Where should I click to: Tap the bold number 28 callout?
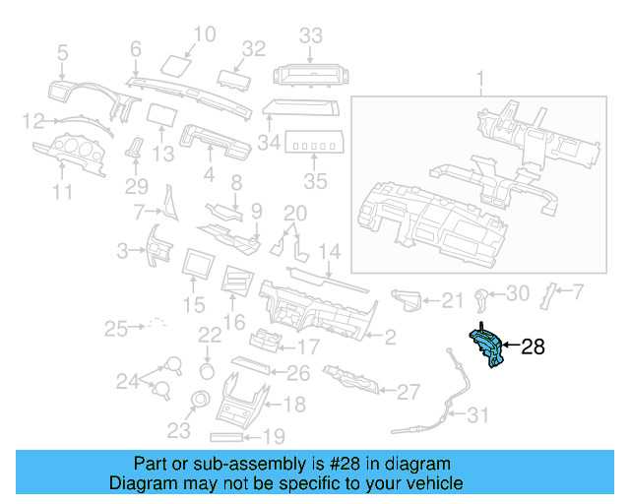tap(532, 346)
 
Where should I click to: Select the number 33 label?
tap(311, 35)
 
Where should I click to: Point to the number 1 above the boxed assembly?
tap(481, 78)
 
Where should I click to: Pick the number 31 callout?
tap(477, 416)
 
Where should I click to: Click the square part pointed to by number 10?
tap(176, 66)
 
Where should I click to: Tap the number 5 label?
tap(63, 53)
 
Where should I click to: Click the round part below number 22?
tap(208, 370)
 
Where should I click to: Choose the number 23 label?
tap(178, 429)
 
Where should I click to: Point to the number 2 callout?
tap(390, 338)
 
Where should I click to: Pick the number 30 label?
tap(518, 292)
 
